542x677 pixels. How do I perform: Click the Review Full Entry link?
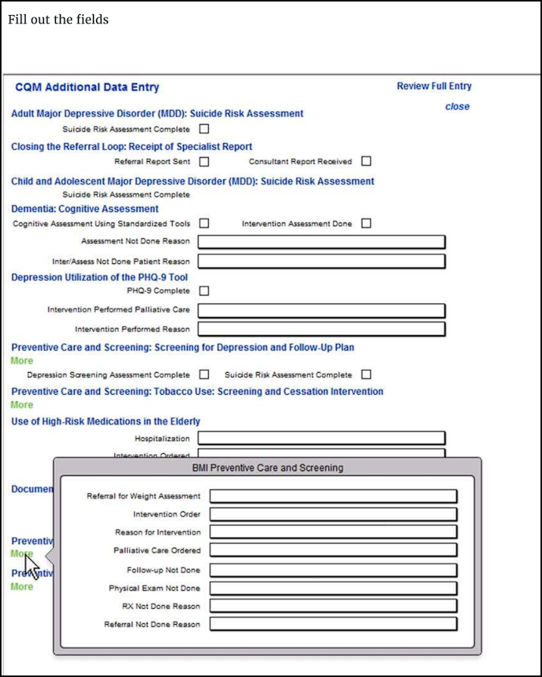(x=434, y=86)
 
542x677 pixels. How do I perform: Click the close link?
(x=457, y=107)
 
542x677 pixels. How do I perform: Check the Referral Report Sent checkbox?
(x=204, y=161)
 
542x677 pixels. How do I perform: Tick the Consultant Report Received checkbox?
(x=366, y=161)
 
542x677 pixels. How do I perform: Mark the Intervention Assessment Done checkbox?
(x=366, y=223)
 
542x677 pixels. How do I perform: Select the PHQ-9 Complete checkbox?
(x=204, y=290)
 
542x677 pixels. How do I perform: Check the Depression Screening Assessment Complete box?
(x=204, y=374)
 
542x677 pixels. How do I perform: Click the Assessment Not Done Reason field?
(x=322, y=242)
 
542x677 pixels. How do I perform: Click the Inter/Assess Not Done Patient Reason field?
(x=322, y=262)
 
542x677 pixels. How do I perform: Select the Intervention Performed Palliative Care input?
(x=322, y=310)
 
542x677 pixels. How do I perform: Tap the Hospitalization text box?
(x=322, y=439)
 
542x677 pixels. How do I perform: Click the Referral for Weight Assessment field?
(x=333, y=496)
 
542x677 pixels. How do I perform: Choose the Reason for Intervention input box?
(x=333, y=533)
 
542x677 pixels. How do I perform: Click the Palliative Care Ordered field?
(x=333, y=551)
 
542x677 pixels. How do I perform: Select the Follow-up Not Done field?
(x=333, y=570)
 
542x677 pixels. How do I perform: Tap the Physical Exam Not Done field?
(x=333, y=588)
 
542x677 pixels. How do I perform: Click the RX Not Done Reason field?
(x=333, y=606)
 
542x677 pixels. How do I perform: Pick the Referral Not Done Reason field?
(x=333, y=624)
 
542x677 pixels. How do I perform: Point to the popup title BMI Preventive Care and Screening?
(x=267, y=467)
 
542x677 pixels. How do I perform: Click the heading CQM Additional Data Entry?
(x=87, y=88)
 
